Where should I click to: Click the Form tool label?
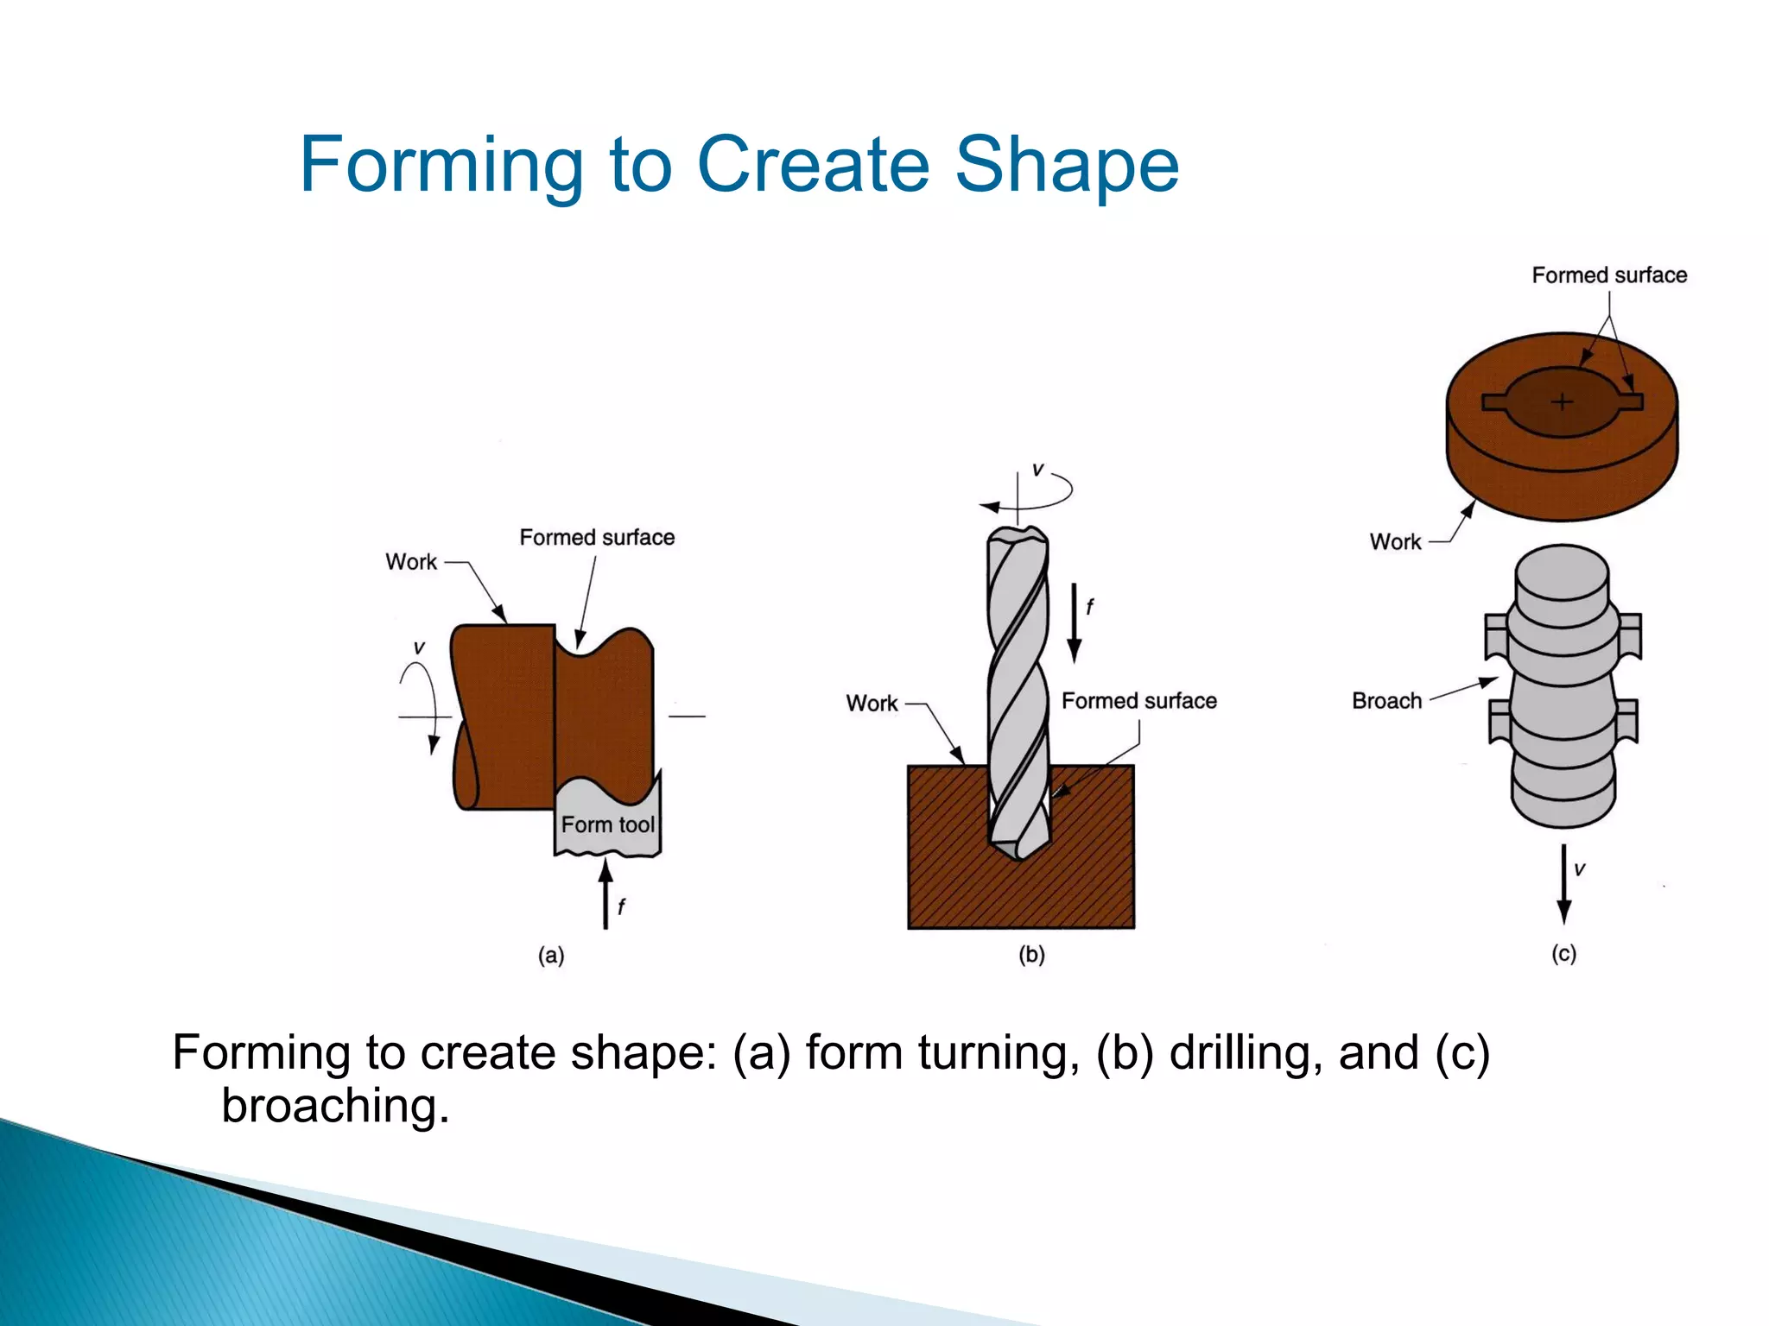pos(607,824)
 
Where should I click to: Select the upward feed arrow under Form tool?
pos(606,893)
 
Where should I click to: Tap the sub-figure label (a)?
pos(551,955)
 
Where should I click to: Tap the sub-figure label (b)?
pos(1031,954)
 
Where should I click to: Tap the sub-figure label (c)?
pos(1563,953)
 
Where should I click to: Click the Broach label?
pos(1386,700)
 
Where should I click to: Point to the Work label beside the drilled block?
pos(872,703)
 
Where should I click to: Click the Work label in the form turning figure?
pos(411,561)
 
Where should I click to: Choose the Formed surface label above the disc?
pos(1608,275)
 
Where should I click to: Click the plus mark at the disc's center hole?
pos(1562,401)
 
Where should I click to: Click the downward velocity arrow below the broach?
pos(1563,885)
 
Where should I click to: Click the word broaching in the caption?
pos(335,1105)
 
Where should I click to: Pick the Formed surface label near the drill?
pos(1138,700)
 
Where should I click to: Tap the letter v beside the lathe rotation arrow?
pos(419,647)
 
